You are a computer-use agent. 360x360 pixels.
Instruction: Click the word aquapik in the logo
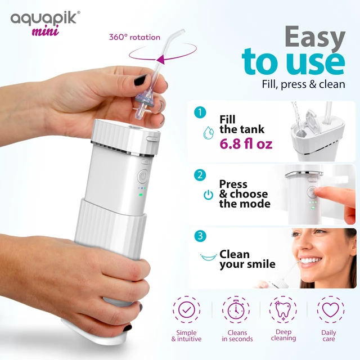[x=43, y=18]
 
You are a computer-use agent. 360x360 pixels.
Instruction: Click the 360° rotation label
[x=134, y=37]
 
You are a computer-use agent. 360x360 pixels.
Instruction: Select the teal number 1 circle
[x=200, y=112]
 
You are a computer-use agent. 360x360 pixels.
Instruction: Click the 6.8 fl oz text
[x=246, y=144]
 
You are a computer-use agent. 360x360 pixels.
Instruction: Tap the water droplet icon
[x=209, y=133]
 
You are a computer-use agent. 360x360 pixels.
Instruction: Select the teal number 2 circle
[x=200, y=175]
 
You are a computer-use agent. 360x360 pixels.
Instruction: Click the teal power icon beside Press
[x=209, y=195]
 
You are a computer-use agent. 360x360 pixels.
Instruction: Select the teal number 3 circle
[x=200, y=236]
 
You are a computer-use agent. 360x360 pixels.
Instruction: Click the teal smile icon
[x=209, y=257]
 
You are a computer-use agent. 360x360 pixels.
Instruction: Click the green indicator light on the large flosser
[x=141, y=195]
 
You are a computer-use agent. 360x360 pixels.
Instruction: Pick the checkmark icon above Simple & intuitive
[x=186, y=309]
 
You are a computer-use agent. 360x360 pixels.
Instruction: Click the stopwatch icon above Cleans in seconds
[x=236, y=309]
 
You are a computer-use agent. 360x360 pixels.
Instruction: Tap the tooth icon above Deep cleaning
[x=283, y=309]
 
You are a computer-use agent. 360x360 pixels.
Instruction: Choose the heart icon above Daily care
[x=331, y=309]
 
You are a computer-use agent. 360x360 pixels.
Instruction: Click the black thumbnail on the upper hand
[x=140, y=80]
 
